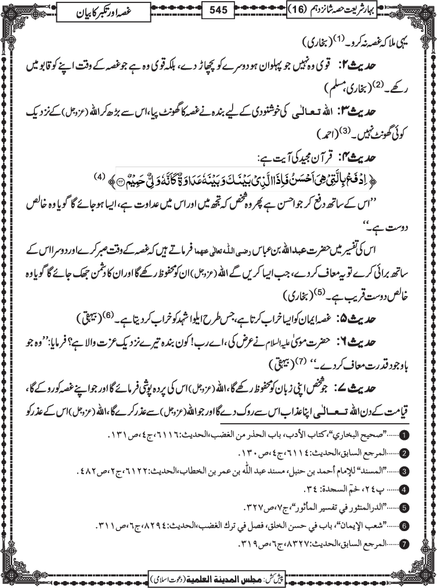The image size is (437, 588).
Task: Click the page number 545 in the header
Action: (x=219, y=10)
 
